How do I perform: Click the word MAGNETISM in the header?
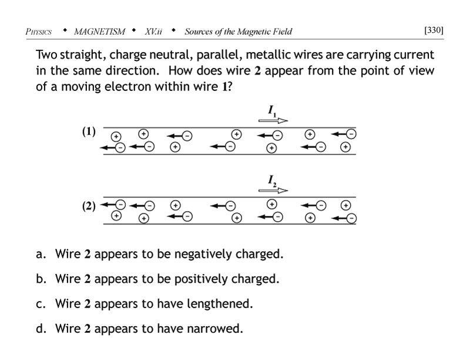tap(98, 31)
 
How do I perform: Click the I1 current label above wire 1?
tap(273, 110)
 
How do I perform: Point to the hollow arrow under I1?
tap(274, 120)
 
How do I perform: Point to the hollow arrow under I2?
tap(274, 190)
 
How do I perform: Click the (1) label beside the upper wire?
tap(89, 132)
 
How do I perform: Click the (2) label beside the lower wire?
tap(89, 207)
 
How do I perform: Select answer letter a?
tap(41, 254)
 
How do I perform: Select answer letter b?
tap(41, 279)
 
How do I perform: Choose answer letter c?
tap(41, 304)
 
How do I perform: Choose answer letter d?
tap(41, 329)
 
